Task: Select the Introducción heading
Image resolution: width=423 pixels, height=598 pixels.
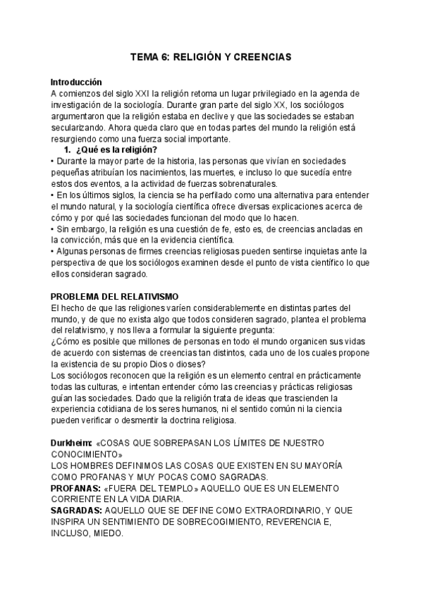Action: (76, 82)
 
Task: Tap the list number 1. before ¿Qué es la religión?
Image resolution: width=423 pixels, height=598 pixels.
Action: (68, 149)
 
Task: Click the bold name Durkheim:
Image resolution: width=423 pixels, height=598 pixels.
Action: (73, 443)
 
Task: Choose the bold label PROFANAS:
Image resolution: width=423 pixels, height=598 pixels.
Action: (75, 489)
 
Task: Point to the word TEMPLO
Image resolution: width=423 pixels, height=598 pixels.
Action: (176, 489)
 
